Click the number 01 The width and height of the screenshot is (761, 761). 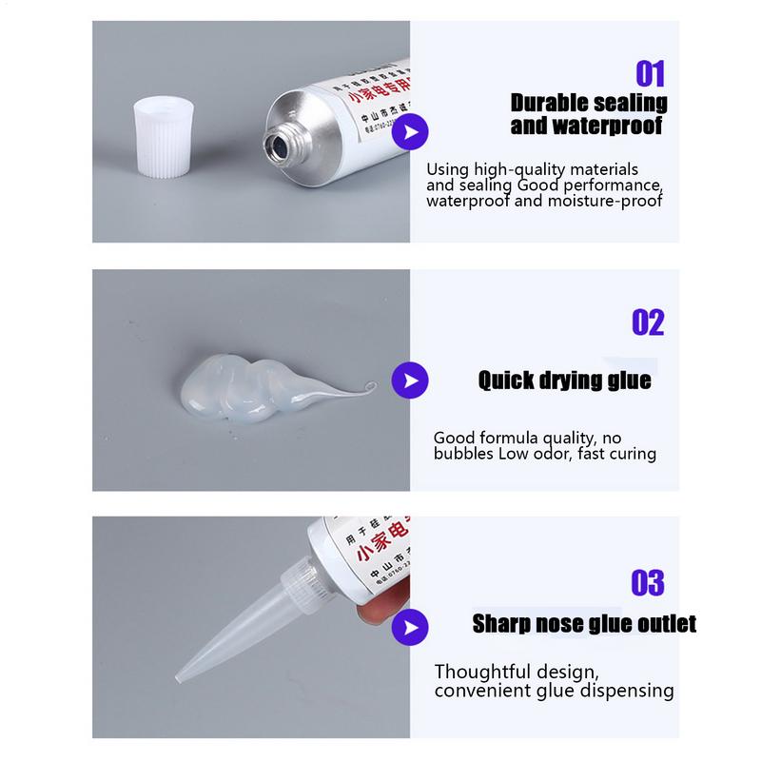pyautogui.click(x=650, y=74)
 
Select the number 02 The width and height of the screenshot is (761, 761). pyautogui.click(x=648, y=322)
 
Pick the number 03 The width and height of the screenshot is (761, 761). pyautogui.click(x=647, y=582)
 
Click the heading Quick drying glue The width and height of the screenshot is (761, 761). pyautogui.click(x=564, y=381)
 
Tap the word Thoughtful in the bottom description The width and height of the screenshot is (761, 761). pyautogui.click(x=480, y=671)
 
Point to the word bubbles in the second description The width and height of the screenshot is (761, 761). pyautogui.click(x=463, y=454)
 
